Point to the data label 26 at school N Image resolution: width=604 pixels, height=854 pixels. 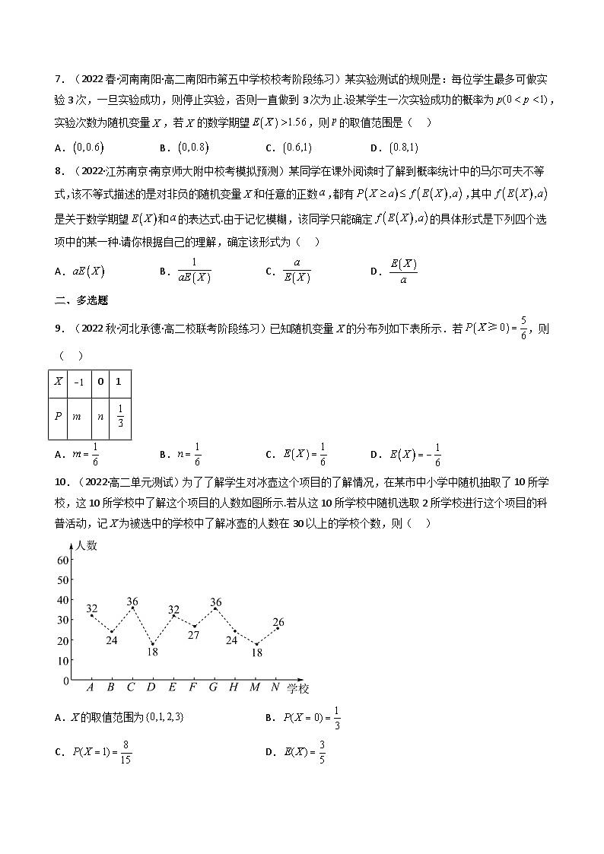pos(278,621)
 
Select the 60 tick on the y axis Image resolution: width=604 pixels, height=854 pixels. pos(63,560)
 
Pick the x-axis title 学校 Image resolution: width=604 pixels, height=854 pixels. pos(298,688)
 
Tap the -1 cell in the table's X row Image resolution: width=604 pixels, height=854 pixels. pos(80,382)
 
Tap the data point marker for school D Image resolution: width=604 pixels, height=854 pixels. pos(152,644)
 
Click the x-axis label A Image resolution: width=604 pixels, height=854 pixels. pos(91,687)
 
